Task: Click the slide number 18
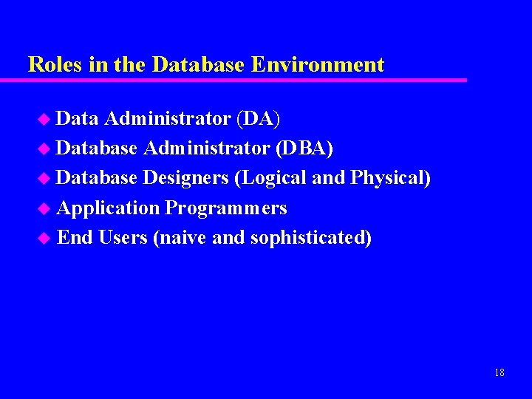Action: click(x=499, y=372)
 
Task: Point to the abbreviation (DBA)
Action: click(x=304, y=149)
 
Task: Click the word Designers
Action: click(x=185, y=178)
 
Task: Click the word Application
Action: click(x=108, y=208)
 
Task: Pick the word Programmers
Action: click(x=226, y=208)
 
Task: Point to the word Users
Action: click(x=123, y=238)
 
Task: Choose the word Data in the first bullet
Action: click(x=78, y=118)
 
